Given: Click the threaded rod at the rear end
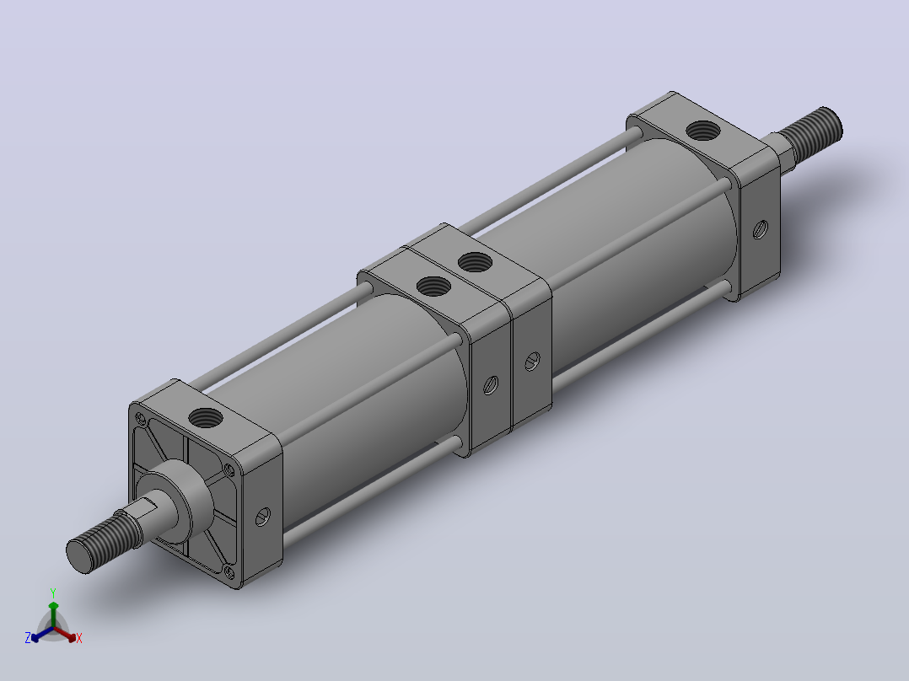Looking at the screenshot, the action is [x=811, y=132].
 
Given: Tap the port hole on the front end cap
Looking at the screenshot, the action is [x=206, y=416].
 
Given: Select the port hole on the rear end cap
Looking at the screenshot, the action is [x=702, y=131].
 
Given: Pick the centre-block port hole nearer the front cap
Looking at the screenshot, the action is [x=433, y=286].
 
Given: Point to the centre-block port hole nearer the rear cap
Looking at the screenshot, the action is [x=475, y=262].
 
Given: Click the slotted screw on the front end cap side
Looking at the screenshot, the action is [x=262, y=517].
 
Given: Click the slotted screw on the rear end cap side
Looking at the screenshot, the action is [x=761, y=229].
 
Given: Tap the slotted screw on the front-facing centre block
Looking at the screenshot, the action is [x=491, y=385].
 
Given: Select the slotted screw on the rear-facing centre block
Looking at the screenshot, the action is [x=532, y=362].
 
